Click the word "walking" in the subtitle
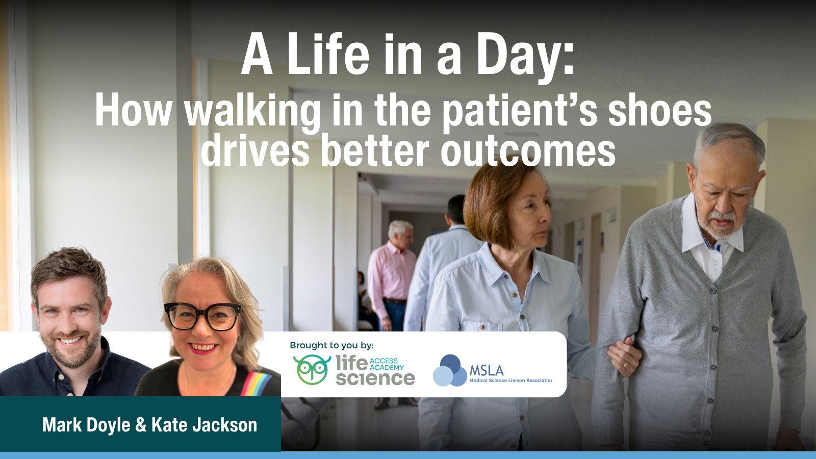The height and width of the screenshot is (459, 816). pos(252,111)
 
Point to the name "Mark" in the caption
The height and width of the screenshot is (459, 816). pos(62,425)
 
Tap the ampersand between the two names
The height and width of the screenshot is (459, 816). pos(141,425)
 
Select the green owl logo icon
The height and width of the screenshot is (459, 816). pos(312,369)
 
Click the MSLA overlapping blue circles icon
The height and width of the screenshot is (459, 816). pos(449,370)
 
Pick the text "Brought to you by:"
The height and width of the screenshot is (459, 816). pos(331,345)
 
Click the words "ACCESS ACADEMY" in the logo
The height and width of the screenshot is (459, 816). pos(387,364)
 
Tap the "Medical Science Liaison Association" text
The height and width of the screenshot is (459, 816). pos(510,380)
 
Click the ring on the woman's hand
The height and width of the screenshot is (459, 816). pos(626,365)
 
